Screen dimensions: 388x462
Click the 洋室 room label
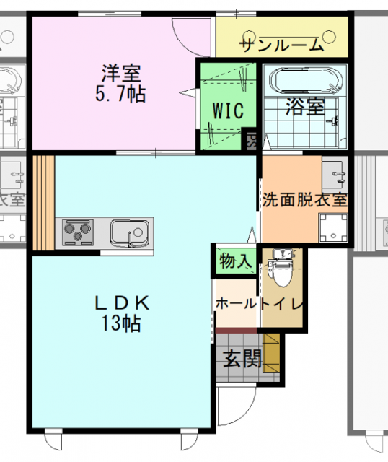[x=121, y=73]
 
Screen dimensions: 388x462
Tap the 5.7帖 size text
[x=120, y=94]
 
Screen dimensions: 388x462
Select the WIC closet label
[x=228, y=110]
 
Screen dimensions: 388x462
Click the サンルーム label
[x=281, y=45]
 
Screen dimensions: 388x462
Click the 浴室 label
[x=306, y=106]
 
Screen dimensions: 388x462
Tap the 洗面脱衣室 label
[x=305, y=200]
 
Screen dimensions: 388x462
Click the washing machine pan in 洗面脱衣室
[x=333, y=228]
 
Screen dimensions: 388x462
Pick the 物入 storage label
[x=235, y=261]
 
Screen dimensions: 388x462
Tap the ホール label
[x=237, y=303]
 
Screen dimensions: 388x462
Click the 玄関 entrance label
[x=242, y=358]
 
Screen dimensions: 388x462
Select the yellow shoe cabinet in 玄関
[x=271, y=353]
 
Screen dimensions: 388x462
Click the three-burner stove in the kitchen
[x=78, y=232]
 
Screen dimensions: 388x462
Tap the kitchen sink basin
[x=130, y=232]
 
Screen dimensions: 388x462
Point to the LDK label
[x=122, y=303]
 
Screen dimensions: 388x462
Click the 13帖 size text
[x=121, y=323]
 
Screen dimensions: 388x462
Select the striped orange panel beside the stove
[x=43, y=203]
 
